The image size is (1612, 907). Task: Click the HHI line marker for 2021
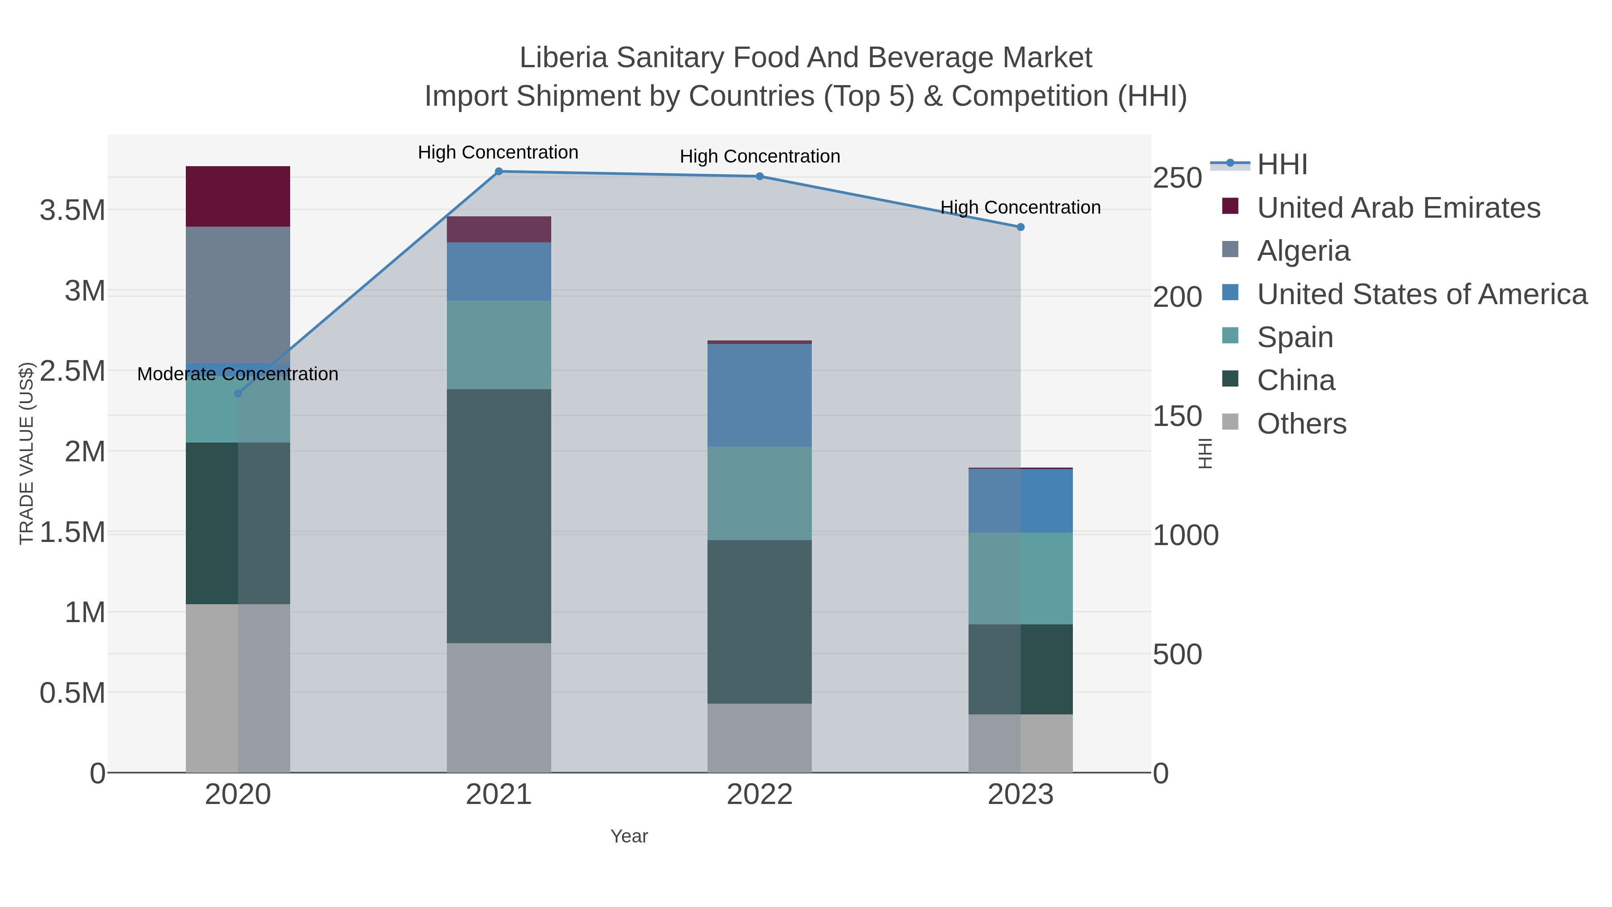[x=499, y=172]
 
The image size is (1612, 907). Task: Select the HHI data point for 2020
[x=238, y=394]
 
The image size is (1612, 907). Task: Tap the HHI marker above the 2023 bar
[x=1020, y=227]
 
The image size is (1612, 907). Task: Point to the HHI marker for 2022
[x=760, y=176]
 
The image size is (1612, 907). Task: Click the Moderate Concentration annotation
[x=238, y=374]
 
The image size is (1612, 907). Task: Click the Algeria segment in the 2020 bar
[x=238, y=294]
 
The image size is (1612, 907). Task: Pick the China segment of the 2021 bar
[x=499, y=516]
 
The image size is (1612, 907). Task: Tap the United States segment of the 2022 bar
[x=760, y=395]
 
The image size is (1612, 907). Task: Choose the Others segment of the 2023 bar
[x=1020, y=743]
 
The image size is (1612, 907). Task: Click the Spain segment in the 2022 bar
[x=760, y=493]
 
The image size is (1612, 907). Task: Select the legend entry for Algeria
[x=1303, y=251]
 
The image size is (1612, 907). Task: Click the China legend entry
[x=1295, y=381]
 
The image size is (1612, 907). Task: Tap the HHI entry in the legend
[x=1282, y=165]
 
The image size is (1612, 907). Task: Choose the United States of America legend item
[x=1421, y=294]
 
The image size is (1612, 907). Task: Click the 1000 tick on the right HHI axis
[x=1185, y=536]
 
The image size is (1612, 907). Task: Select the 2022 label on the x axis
[x=760, y=795]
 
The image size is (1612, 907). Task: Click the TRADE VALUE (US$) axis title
[x=26, y=453]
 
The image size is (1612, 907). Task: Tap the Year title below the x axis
[x=629, y=836]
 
